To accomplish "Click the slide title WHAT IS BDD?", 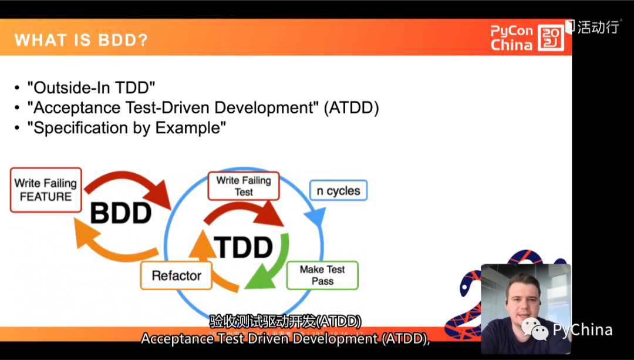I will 81,40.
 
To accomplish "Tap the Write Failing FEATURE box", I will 45,190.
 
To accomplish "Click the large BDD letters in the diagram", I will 121,213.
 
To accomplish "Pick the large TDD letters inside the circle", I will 244,248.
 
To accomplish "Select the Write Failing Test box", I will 244,186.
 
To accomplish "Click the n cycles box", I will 338,191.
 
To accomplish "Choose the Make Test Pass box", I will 322,275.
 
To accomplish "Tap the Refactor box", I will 176,275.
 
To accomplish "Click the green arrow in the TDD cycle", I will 272,264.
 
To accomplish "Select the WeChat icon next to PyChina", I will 534,329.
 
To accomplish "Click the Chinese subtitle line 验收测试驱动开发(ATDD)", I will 285,321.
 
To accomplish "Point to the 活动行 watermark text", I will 597,27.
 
